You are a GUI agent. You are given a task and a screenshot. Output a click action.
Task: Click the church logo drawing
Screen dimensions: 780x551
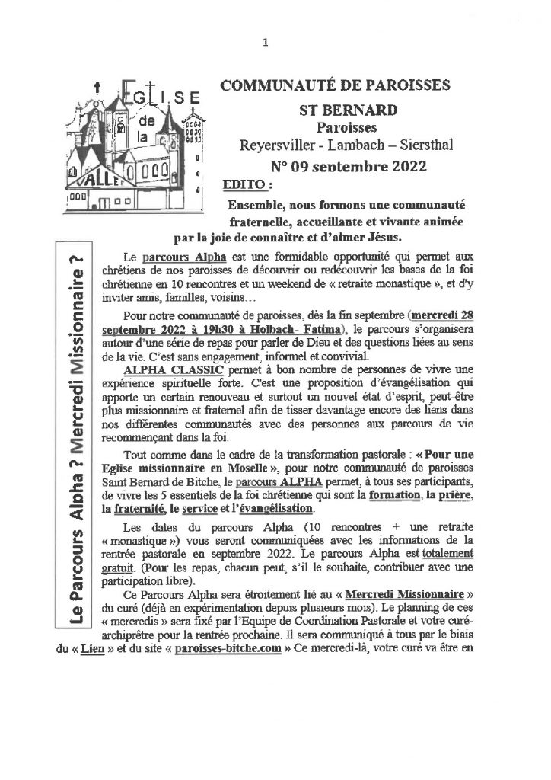pos(135,151)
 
